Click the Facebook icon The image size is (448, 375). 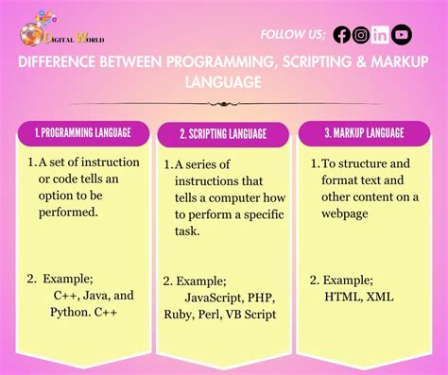[342, 35]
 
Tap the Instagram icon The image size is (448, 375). [361, 35]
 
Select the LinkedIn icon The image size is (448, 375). [381, 35]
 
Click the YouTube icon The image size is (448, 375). [402, 35]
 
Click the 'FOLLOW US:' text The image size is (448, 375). [292, 35]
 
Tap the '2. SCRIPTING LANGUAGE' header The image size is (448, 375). [223, 134]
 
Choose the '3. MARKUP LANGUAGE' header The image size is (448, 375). [364, 133]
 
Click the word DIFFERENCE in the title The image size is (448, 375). [60, 62]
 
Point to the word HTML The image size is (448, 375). [343, 297]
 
